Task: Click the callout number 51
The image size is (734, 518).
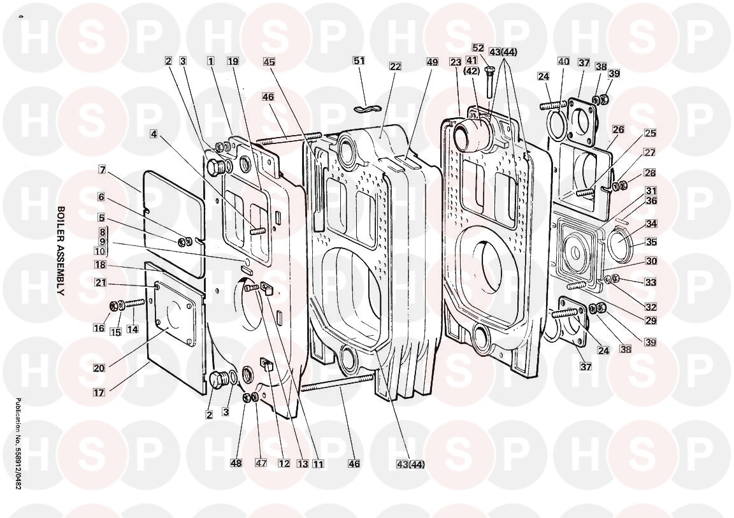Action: [359, 61]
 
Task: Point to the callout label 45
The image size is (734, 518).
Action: [269, 62]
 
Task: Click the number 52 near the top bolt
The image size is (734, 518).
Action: [479, 48]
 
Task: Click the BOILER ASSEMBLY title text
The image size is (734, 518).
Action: [61, 250]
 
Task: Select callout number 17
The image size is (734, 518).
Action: [99, 392]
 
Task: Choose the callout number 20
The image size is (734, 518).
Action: [99, 367]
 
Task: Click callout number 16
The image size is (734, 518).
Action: [99, 328]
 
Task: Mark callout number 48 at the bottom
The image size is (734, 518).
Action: [236, 463]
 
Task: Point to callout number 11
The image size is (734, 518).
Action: [318, 464]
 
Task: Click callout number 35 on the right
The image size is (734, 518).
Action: [651, 242]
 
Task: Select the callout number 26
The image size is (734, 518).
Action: [618, 129]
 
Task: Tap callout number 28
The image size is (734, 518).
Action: [649, 173]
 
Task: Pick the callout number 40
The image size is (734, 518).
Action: [563, 62]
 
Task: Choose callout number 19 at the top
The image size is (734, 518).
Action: [233, 61]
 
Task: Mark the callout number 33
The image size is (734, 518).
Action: [651, 282]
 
